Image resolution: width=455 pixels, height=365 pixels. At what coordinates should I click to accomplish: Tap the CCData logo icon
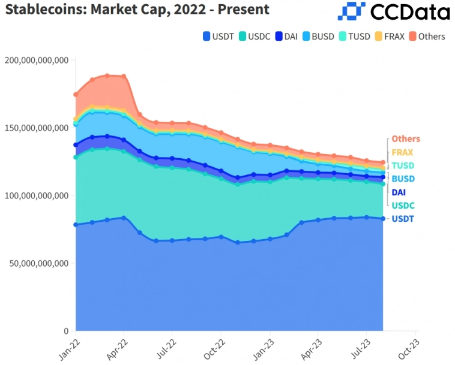pyautogui.click(x=351, y=11)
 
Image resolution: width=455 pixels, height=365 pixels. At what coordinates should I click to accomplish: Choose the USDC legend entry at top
pyautogui.click(x=257, y=37)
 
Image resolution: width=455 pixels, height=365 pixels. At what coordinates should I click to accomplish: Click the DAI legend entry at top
pyautogui.click(x=287, y=37)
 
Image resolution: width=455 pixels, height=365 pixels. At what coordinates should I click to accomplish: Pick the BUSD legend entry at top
pyautogui.click(x=318, y=37)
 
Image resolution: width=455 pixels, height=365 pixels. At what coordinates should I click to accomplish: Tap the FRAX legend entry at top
pyautogui.click(x=390, y=37)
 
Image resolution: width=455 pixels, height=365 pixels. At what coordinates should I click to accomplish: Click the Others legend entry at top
pyautogui.click(x=427, y=37)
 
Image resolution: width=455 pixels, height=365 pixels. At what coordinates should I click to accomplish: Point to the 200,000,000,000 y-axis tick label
pyautogui.click(x=35, y=60)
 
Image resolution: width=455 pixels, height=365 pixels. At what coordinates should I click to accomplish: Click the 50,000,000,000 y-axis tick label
pyautogui.click(x=38, y=263)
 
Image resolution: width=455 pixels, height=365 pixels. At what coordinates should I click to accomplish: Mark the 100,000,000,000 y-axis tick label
pyautogui.click(x=35, y=195)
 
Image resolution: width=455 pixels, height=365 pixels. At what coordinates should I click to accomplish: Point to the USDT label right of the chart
pyautogui.click(x=403, y=219)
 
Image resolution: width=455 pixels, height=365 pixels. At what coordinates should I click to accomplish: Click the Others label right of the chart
pyautogui.click(x=406, y=139)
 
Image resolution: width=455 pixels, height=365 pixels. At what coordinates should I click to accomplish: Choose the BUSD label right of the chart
pyautogui.click(x=403, y=179)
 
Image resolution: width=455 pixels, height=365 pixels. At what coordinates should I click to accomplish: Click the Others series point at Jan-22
pyautogui.click(x=76, y=94)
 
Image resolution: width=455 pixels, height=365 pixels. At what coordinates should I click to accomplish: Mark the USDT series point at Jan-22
pyautogui.click(x=76, y=225)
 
